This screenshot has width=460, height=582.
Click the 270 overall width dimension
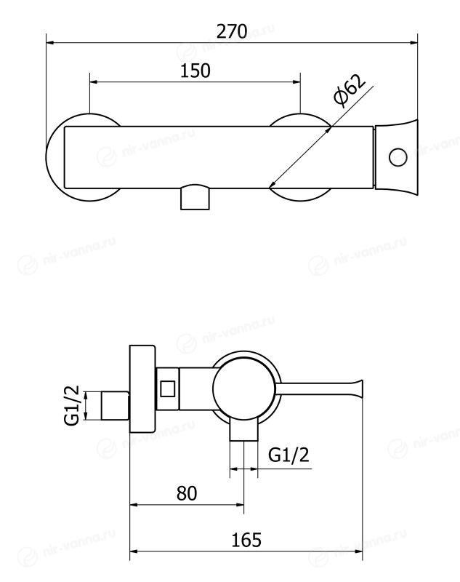(x=232, y=31)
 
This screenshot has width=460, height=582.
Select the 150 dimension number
(x=195, y=71)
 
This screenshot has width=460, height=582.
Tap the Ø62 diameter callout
(x=349, y=90)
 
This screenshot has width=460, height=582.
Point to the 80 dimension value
(x=187, y=493)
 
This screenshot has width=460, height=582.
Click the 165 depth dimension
(x=246, y=540)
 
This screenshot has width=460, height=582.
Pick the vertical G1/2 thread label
(x=72, y=405)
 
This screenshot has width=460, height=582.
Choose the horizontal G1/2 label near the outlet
(x=288, y=455)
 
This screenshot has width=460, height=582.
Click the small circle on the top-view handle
(x=398, y=157)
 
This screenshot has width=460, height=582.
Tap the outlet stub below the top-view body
(x=195, y=197)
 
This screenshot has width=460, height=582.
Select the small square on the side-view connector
(x=168, y=388)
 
